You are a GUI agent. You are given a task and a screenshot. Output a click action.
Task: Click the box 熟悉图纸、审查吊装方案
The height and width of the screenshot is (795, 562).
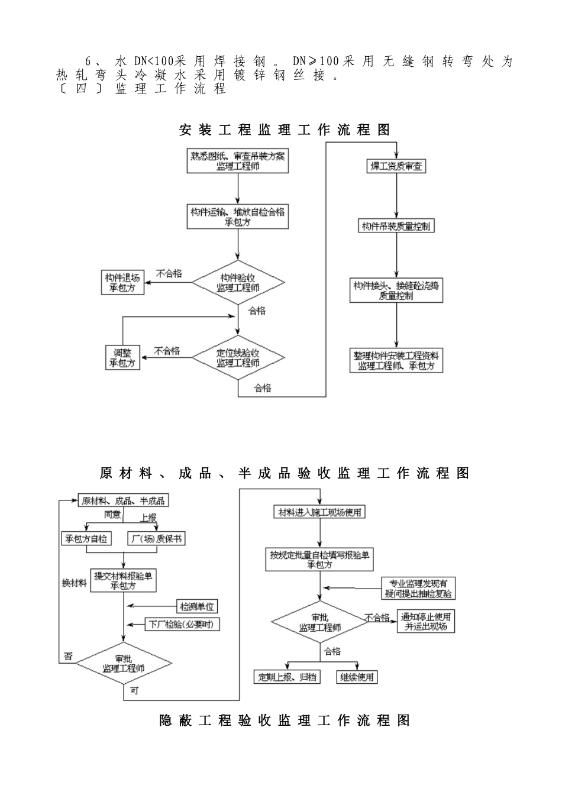point(238,161)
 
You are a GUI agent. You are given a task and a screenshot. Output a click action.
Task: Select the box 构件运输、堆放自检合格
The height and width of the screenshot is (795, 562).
point(238,216)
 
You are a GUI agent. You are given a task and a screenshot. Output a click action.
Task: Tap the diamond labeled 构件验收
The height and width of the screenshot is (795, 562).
point(238,283)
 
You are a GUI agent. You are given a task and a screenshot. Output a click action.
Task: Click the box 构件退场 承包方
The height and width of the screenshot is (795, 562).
point(122,283)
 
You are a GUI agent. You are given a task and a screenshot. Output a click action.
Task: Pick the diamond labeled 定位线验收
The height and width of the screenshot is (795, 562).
point(238,358)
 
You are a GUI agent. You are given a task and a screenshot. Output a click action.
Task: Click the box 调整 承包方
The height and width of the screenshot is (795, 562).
point(122,358)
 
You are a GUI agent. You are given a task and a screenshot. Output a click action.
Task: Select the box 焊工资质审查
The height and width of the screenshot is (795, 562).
point(396,167)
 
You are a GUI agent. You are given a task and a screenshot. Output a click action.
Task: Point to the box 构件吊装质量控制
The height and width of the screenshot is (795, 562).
point(396,226)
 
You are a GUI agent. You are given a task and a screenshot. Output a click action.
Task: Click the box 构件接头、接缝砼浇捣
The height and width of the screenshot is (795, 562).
point(396,290)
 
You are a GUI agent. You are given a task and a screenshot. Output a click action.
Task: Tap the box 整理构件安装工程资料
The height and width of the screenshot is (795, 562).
point(396,360)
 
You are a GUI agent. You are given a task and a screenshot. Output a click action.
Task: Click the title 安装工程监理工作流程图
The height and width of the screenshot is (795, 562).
point(285,130)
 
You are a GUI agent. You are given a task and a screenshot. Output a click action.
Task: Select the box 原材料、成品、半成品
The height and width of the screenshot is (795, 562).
point(123,500)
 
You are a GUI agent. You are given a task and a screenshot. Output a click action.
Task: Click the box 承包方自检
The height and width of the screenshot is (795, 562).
point(86,538)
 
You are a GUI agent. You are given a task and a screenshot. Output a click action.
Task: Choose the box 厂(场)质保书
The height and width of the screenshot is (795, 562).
point(156,538)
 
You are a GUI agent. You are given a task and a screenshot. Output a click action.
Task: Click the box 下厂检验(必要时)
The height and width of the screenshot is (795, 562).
point(182,624)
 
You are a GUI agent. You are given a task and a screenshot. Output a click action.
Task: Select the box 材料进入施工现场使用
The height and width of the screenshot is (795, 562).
point(319,512)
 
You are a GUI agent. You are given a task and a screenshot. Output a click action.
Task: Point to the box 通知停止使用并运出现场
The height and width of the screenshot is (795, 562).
point(426,622)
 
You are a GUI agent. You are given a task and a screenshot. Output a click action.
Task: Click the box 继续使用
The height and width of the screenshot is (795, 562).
point(357,677)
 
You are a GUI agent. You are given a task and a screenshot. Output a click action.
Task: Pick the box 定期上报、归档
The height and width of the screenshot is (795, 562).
point(287,677)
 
